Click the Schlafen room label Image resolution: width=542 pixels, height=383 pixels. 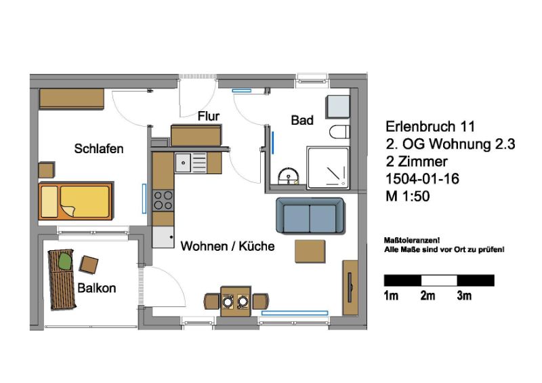tap(98, 148)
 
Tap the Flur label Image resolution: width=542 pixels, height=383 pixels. tap(209, 116)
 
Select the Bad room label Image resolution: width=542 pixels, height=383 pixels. tap(302, 120)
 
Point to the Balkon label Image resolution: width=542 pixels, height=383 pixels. tap(96, 288)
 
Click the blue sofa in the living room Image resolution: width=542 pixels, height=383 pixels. tap(310, 216)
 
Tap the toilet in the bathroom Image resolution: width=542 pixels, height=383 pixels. tap(339, 132)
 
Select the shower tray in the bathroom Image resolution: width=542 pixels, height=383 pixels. tap(328, 168)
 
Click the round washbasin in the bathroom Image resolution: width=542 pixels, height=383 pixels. tap(288, 176)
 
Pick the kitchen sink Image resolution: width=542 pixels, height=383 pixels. tap(191, 163)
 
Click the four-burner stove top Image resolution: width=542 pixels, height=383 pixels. tap(163, 201)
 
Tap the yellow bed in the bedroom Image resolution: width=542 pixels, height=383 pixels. tap(76, 201)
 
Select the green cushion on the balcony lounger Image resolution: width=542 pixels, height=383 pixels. tap(64, 260)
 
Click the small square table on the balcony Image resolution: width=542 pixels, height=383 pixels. tap(89, 264)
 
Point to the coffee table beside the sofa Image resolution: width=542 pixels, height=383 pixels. tap(310, 251)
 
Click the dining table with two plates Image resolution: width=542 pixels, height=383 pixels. tap(236, 301)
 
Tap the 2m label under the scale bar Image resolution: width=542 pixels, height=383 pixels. tap(428, 296)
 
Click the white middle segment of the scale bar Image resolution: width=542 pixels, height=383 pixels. tap(439, 280)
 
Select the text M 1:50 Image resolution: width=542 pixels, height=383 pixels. tap(408, 196)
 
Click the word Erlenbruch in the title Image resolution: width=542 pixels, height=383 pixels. tap(420, 126)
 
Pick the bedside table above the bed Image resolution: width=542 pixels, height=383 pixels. tap(46, 170)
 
